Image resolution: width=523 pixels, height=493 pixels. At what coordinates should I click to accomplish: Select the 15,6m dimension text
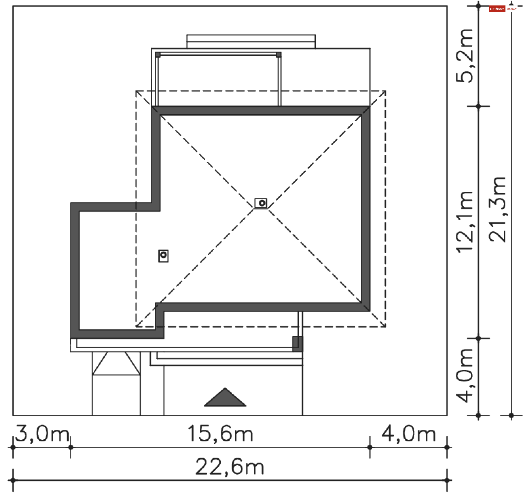pos(220,434)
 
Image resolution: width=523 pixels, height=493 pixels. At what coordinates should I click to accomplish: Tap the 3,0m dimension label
pos(42,434)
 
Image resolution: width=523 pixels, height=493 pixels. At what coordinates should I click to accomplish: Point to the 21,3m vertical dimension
pos(497,209)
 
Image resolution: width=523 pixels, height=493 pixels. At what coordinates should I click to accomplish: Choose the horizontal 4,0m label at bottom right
pos(409,434)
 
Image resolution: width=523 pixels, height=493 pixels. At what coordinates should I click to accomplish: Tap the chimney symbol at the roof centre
pos(261,203)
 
